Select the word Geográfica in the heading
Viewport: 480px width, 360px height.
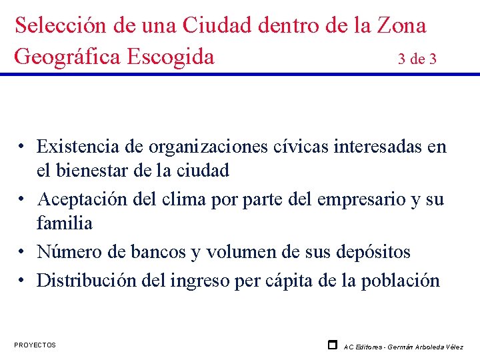[68, 57]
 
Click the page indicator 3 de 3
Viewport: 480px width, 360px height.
[417, 59]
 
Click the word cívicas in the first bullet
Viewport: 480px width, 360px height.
[297, 147]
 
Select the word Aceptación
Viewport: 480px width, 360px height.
[88, 199]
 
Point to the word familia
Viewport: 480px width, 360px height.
[65, 223]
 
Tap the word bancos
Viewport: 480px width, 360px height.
[159, 251]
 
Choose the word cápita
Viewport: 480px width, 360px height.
[295, 280]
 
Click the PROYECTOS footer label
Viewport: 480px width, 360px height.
[35, 345]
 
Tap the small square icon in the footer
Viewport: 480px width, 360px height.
[332, 345]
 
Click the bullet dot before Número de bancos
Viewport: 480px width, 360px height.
[23, 253]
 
